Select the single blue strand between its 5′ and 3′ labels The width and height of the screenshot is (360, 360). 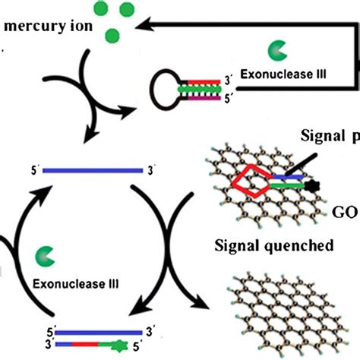click(x=92, y=170)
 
